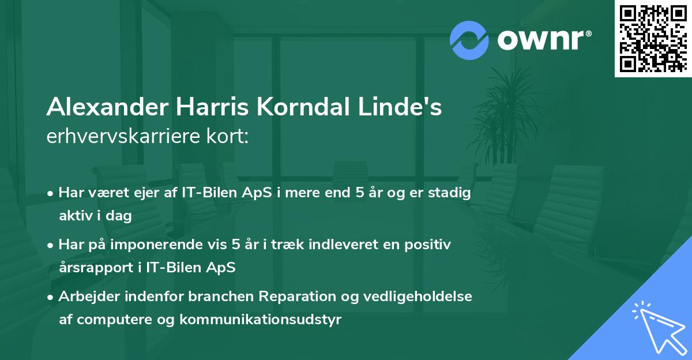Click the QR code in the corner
point(653,38)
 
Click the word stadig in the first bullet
point(451,193)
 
